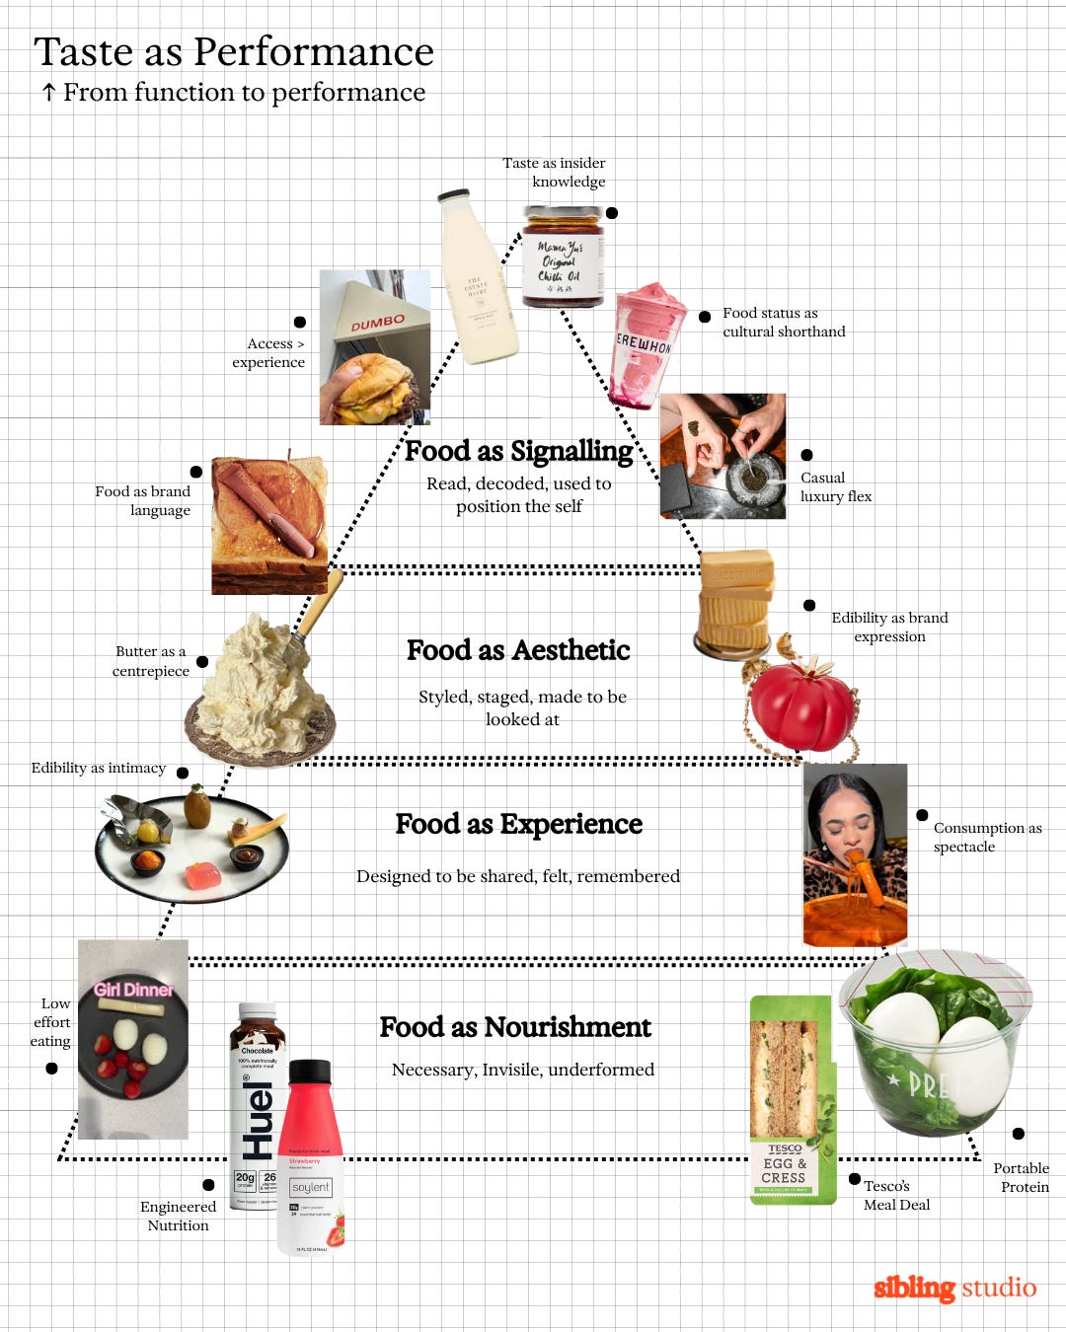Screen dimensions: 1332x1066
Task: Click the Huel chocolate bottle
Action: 256,1095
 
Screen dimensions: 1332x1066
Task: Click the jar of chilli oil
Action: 562,257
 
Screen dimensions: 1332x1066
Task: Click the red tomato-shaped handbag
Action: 801,703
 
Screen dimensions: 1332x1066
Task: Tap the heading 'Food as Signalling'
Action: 519,451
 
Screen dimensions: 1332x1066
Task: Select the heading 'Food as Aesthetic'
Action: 518,650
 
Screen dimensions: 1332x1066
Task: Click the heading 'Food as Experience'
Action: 518,824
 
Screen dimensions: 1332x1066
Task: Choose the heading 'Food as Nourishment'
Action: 515,1027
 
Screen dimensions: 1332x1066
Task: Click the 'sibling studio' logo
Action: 954,1288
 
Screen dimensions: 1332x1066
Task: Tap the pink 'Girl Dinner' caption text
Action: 133,990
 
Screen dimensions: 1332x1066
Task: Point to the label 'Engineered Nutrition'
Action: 178,1216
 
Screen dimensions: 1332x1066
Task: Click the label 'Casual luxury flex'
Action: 835,486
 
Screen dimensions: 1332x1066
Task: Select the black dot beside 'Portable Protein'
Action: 1018,1134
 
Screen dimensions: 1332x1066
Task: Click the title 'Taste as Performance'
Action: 234,51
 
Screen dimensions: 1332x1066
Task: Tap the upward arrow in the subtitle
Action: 48,93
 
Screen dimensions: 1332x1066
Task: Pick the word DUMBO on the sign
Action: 378,322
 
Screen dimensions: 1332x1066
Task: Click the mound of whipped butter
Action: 260,681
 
